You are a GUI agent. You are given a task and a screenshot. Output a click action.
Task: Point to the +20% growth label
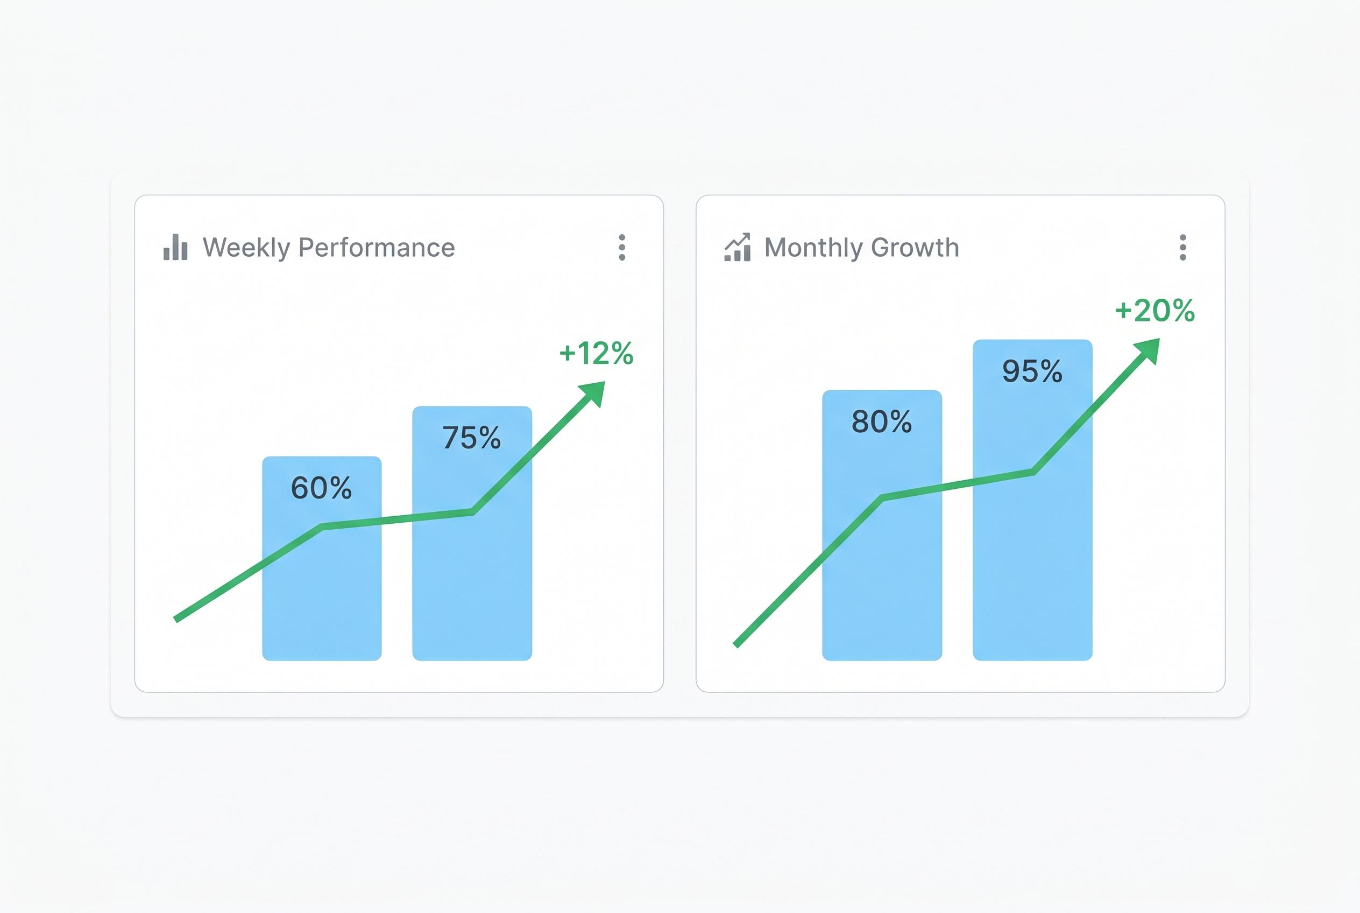1154,311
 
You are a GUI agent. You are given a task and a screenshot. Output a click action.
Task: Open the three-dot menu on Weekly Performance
622,248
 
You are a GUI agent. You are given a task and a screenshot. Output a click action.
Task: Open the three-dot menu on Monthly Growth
1182,248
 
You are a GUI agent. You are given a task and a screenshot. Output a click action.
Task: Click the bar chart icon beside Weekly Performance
175,248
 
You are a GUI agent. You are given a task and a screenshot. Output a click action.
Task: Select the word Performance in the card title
377,248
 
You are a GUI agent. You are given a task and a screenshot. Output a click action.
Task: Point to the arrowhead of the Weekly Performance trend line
594,393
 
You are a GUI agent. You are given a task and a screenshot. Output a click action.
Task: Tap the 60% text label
321,488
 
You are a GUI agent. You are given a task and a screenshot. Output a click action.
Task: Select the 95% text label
1032,371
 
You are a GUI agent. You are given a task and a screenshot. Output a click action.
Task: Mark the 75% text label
472,438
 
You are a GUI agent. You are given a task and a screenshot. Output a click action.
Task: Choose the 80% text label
882,422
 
